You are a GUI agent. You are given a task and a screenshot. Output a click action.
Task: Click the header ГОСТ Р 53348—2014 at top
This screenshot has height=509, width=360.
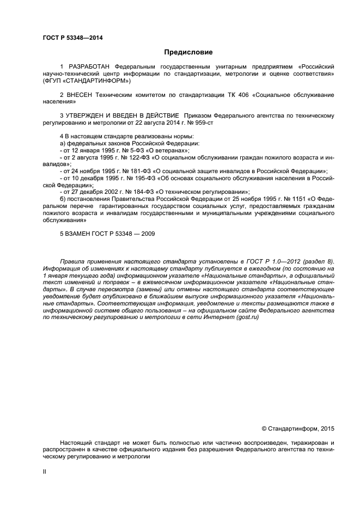(x=72, y=38)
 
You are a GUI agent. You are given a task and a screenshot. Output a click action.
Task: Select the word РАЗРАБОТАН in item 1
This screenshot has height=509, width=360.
(x=86, y=66)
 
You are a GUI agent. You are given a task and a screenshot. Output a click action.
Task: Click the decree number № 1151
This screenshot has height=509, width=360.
(x=295, y=199)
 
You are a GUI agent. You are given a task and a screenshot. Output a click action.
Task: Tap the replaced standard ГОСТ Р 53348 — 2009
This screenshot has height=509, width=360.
(x=127, y=234)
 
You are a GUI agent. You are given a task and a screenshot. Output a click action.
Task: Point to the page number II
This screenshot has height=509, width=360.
(x=45, y=472)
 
